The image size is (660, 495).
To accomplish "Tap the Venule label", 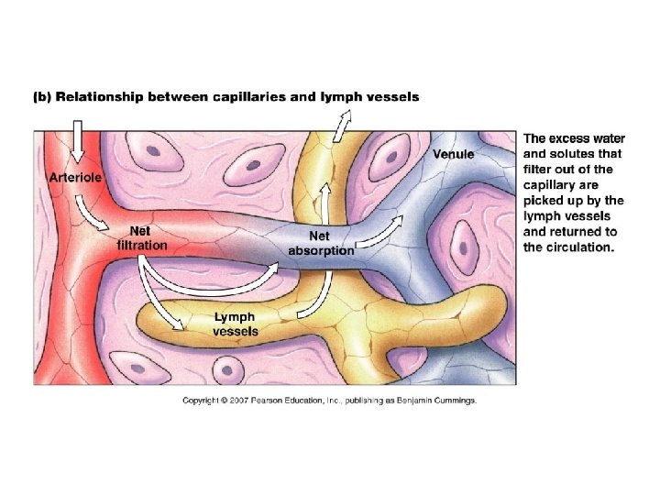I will (x=454, y=154).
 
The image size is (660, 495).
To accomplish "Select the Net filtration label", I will (x=142, y=238).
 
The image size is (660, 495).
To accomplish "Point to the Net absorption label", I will (x=321, y=243).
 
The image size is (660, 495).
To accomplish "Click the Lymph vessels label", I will (x=236, y=324).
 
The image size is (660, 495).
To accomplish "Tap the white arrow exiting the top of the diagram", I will (x=344, y=125).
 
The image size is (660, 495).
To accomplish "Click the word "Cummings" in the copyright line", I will (x=453, y=401).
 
